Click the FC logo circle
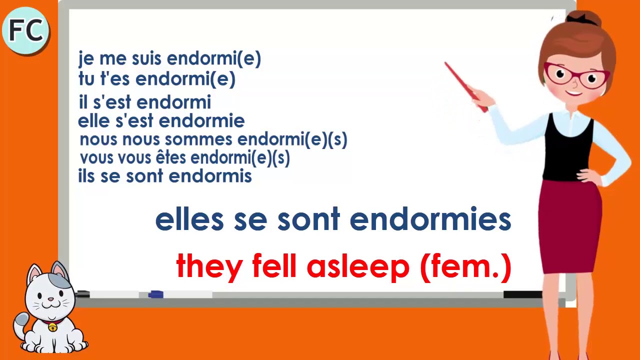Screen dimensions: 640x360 pos(25,30)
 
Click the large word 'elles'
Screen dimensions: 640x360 pos(189,219)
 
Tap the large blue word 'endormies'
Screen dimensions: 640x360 pos(430,219)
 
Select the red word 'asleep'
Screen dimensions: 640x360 pos(358,267)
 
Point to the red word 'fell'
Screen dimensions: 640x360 pos(274,265)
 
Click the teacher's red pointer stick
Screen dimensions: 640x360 pos(466,87)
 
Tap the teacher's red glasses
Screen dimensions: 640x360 pos(576,75)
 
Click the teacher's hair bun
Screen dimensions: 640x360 pos(585,19)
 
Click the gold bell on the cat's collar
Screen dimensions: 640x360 pos(52,327)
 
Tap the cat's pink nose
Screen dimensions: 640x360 pos(50,299)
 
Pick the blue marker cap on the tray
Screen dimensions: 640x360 pos(155,294)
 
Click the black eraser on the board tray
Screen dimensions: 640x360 pos(523,294)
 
